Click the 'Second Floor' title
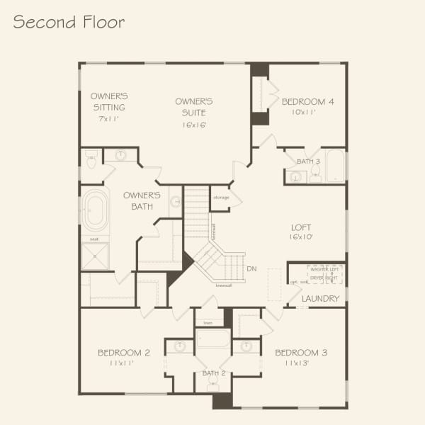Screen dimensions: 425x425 coord(69,22)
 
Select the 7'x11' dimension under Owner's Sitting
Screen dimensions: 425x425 coord(108,118)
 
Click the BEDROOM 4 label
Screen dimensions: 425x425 coord(307,101)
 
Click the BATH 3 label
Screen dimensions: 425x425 coord(308,161)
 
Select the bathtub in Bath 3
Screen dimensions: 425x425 coord(334,166)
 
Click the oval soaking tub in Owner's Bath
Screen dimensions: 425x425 coord(94,210)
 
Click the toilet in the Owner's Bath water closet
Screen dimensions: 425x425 coord(91,160)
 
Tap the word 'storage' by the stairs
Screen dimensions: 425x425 coord(221,197)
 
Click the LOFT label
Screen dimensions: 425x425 coord(301,228)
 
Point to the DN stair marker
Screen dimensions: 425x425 coord(251,268)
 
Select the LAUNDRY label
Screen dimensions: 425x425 coord(320,299)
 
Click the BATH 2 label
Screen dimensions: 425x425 coord(213,373)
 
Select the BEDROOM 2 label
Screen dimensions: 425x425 coord(123,352)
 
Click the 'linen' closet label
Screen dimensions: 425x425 coord(208,322)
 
